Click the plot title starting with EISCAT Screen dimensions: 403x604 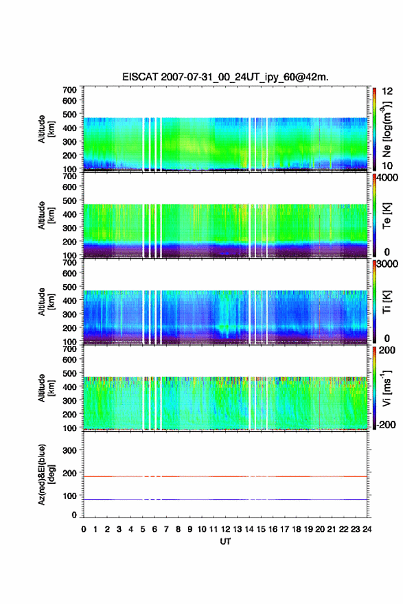click(x=225, y=77)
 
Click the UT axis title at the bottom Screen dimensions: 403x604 click(x=225, y=542)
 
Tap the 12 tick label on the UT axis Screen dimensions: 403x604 click(x=225, y=529)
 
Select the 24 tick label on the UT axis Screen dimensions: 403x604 click(x=367, y=529)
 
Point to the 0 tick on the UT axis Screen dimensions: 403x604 click(x=84, y=529)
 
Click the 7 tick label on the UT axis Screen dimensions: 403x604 click(x=166, y=529)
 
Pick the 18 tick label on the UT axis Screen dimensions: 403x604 click(x=297, y=529)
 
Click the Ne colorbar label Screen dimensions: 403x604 click(x=387, y=130)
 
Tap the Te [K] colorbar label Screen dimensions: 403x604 click(x=387, y=216)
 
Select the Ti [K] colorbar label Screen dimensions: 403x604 click(x=387, y=302)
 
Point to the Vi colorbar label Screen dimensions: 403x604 click(x=387, y=388)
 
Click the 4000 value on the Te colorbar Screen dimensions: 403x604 click(x=388, y=178)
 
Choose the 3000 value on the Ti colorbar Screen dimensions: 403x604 click(x=388, y=264)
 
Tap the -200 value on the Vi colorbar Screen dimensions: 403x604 click(x=385, y=424)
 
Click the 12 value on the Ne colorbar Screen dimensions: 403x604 click(x=387, y=91)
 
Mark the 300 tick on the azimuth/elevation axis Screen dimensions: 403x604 click(x=69, y=450)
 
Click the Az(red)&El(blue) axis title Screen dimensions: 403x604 click(x=45, y=474)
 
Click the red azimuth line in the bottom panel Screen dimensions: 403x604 click(x=225, y=476)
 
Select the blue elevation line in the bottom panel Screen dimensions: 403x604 click(x=225, y=499)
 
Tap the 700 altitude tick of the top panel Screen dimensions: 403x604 click(x=69, y=90)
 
